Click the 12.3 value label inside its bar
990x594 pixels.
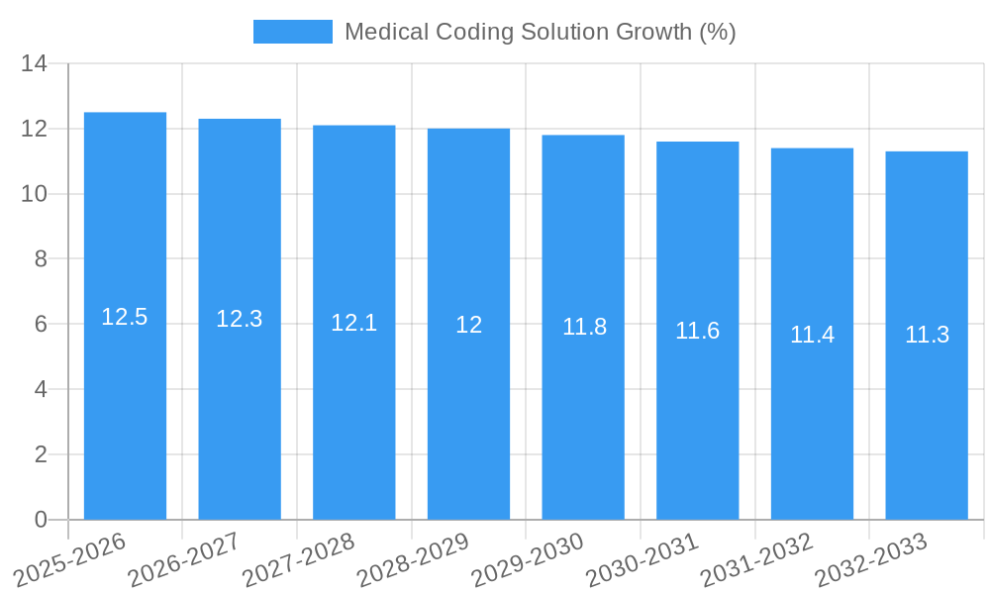click(x=240, y=319)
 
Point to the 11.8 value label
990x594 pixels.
click(x=584, y=327)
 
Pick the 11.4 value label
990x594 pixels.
click(x=812, y=335)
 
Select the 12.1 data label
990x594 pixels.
click(x=353, y=323)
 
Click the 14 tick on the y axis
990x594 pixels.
click(x=34, y=64)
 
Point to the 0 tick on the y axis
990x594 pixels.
click(x=41, y=520)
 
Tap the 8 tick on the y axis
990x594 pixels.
click(x=41, y=259)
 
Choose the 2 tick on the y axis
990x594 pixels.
click(x=41, y=454)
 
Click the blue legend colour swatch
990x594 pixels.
click(x=293, y=32)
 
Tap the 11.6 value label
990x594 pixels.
click(x=697, y=331)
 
